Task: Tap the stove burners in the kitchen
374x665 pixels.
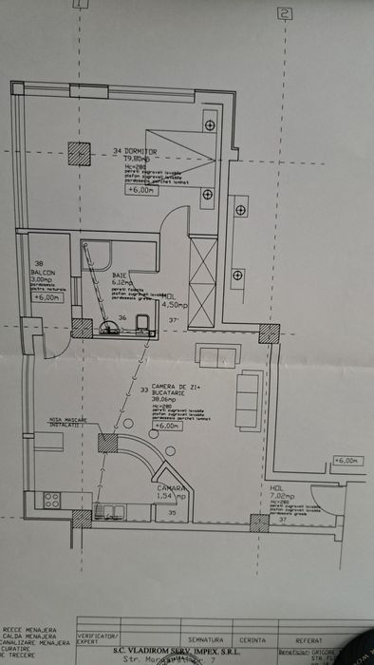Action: pyautogui.click(x=51, y=498)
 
